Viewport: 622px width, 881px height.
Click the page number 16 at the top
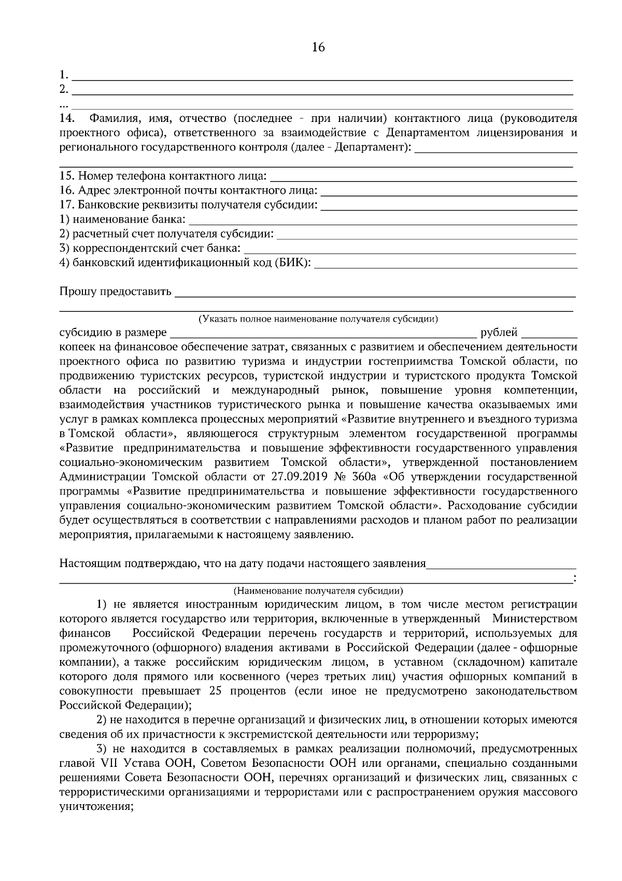(x=318, y=48)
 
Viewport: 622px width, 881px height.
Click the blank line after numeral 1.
(x=321, y=78)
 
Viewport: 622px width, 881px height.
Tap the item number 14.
(x=67, y=119)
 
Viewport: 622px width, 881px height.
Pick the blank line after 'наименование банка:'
(x=383, y=222)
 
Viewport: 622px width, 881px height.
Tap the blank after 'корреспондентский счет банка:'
(x=409, y=250)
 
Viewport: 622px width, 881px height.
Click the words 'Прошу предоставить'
(x=115, y=292)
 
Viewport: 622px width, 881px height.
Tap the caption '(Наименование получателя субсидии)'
(x=318, y=591)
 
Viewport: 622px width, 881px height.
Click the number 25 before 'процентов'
(x=217, y=692)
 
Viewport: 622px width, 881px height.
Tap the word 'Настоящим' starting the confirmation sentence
(x=86, y=563)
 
